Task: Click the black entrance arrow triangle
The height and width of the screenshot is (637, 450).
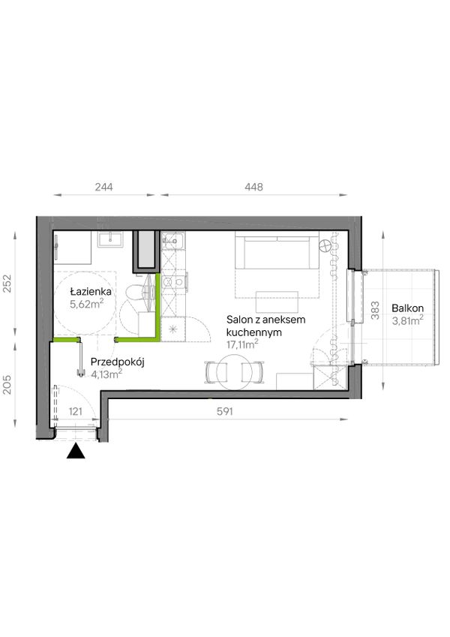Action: (76, 452)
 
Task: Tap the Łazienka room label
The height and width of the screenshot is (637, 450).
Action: (91, 291)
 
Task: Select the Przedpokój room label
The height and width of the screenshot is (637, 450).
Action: (117, 362)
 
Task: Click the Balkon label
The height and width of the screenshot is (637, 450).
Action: (407, 308)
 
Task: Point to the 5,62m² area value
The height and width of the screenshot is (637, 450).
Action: (87, 304)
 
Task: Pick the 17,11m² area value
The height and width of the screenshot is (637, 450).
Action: (242, 345)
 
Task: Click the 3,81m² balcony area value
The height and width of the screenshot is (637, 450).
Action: (407, 320)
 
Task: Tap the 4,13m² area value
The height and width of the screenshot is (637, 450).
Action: (106, 374)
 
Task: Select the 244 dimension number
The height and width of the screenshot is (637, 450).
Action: (104, 187)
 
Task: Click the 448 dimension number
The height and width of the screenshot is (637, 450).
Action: (253, 187)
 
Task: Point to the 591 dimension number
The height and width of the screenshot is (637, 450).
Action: (224, 411)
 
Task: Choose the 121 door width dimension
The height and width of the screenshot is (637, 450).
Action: (76, 411)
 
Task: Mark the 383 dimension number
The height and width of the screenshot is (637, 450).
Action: (375, 310)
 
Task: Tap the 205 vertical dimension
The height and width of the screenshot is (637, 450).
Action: (7, 384)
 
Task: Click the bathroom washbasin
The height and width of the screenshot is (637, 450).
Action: (110, 239)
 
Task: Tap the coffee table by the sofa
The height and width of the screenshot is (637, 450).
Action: (277, 302)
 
